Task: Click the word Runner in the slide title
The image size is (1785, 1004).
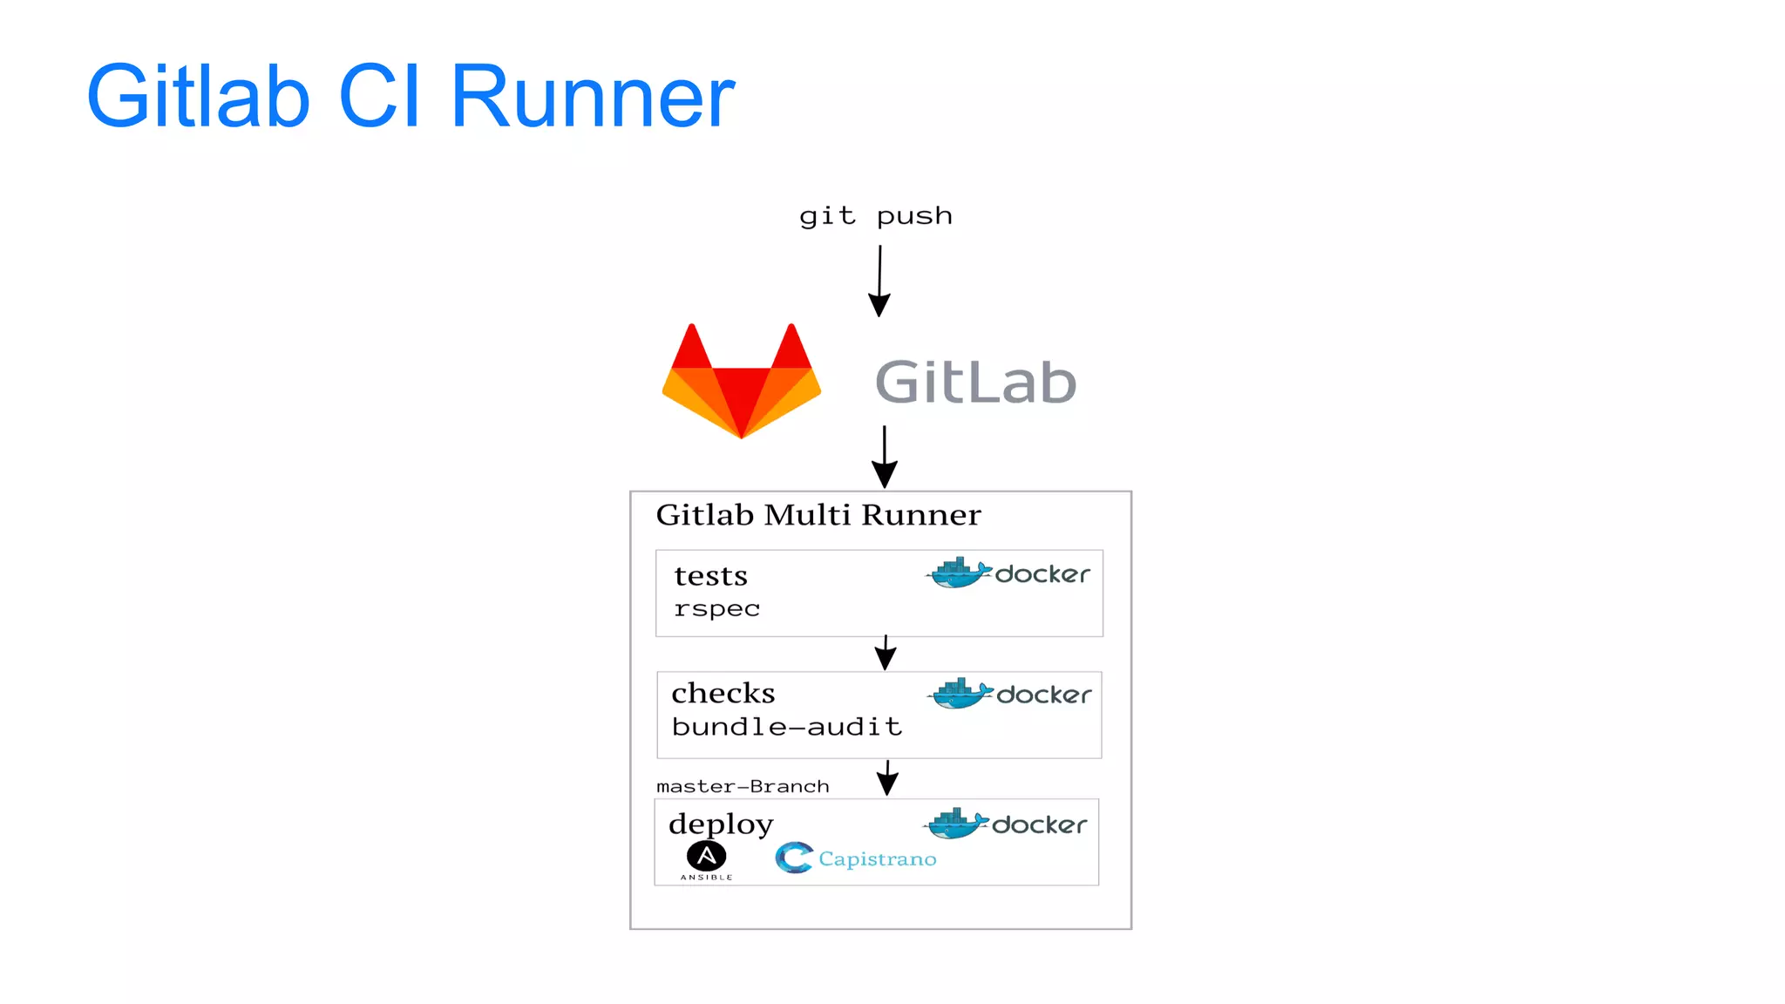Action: (x=592, y=97)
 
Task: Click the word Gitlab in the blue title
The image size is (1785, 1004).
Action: (x=198, y=97)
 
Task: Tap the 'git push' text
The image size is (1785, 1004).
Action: (x=875, y=216)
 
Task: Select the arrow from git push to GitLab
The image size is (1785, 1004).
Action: (x=879, y=281)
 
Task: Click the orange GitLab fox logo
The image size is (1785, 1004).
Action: (x=742, y=381)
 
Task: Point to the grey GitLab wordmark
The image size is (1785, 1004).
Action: (x=975, y=383)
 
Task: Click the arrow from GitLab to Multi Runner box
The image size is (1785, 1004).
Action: (x=884, y=457)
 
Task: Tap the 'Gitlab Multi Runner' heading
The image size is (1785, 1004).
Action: (x=818, y=515)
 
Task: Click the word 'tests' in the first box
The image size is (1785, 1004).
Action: (x=710, y=576)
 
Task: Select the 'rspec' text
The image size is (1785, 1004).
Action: (x=716, y=608)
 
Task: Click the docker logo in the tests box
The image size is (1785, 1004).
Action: (x=1008, y=573)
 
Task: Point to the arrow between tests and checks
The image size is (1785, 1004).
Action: (x=886, y=653)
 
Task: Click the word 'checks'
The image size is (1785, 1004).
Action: (x=723, y=694)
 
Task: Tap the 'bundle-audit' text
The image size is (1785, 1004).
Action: (x=786, y=727)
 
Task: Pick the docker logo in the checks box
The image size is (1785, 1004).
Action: (x=1008, y=695)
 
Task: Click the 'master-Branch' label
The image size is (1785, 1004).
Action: (x=742, y=786)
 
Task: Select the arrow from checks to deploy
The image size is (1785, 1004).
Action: (x=887, y=777)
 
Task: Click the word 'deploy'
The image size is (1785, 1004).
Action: (x=721, y=824)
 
